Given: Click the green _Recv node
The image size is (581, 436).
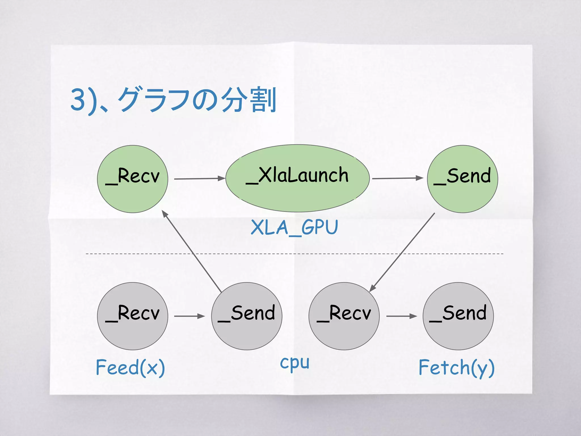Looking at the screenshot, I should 132,179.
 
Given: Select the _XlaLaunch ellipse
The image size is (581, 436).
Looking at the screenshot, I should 297,178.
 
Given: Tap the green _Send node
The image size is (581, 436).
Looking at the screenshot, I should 462,179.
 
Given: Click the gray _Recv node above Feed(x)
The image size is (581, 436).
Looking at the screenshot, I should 132,316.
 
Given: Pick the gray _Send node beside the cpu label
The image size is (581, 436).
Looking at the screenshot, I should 247,316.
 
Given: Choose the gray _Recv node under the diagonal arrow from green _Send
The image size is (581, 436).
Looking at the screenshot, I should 344,316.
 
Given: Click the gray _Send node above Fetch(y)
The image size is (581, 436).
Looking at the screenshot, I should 458,316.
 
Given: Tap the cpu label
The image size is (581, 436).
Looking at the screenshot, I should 294,363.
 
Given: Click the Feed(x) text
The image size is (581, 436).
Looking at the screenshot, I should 130,367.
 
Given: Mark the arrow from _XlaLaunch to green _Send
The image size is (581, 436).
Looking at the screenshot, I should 397,178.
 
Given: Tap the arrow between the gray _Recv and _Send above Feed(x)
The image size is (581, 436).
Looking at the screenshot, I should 189,316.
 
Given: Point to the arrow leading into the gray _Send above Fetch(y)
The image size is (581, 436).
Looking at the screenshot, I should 401,316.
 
